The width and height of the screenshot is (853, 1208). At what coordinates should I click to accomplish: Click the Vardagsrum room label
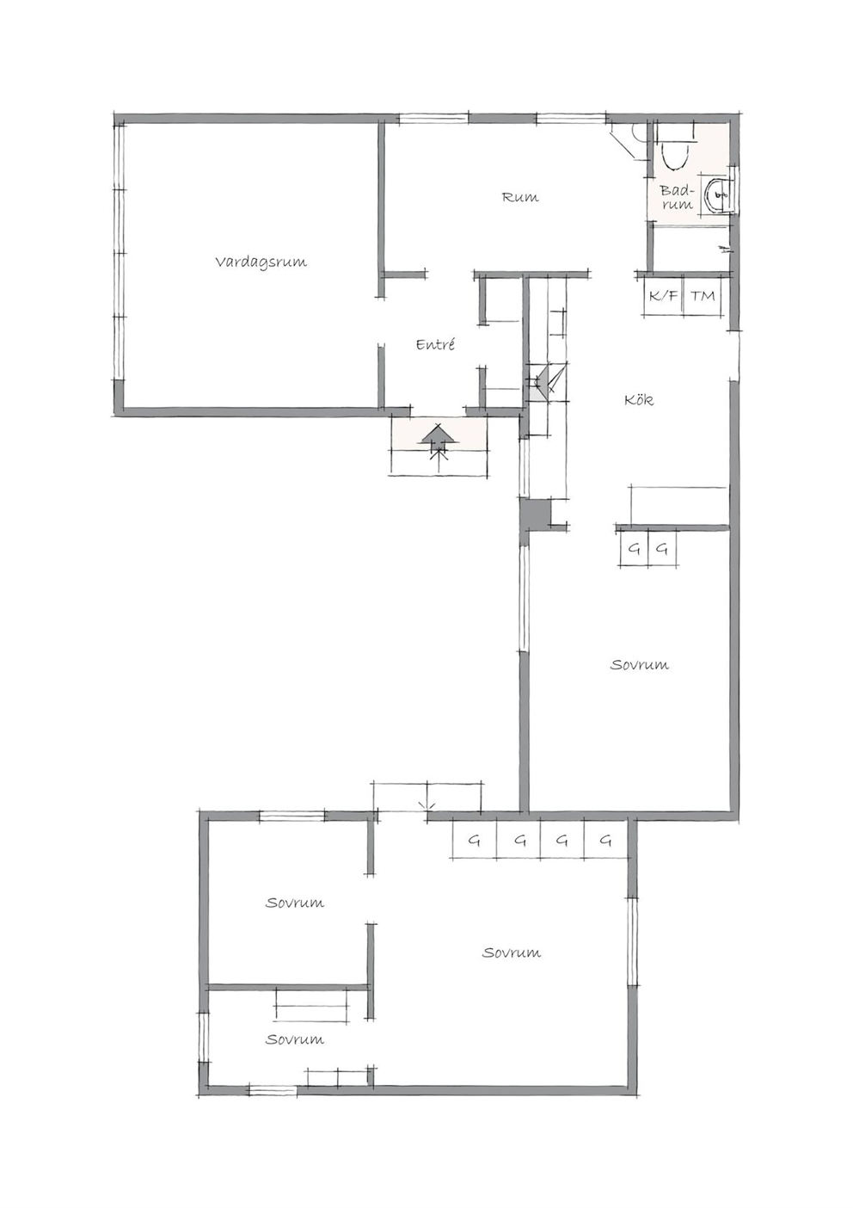click(x=261, y=262)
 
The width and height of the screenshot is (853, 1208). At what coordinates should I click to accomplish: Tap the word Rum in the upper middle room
click(x=520, y=197)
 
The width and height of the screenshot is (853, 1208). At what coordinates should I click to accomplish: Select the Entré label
click(x=435, y=344)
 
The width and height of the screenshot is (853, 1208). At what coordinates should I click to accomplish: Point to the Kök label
click(x=639, y=399)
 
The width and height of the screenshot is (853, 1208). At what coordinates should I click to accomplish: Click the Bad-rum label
click(x=676, y=197)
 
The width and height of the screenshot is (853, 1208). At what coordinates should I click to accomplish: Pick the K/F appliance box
click(x=663, y=295)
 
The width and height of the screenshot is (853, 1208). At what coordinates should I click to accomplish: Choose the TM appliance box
click(x=703, y=295)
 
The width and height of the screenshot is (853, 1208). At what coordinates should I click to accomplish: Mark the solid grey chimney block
click(x=535, y=515)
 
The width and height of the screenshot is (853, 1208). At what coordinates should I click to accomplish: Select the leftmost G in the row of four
click(x=474, y=840)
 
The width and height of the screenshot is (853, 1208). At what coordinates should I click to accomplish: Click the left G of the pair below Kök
click(x=635, y=549)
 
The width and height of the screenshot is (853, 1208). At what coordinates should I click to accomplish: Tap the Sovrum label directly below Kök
click(x=640, y=664)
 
